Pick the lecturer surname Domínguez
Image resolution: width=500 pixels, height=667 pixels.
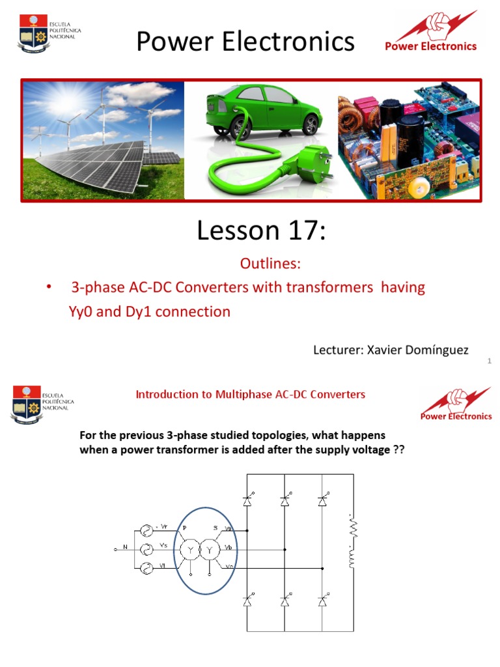(436, 350)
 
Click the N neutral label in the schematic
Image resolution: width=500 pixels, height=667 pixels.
(125, 548)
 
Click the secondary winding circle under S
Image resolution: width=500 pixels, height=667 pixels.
(210, 550)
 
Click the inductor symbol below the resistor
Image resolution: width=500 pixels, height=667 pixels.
(352, 558)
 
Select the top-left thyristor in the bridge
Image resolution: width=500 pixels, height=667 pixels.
(247, 500)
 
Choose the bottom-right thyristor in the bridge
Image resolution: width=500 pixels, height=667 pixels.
(322, 601)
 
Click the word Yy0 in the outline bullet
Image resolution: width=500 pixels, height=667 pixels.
(82, 311)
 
